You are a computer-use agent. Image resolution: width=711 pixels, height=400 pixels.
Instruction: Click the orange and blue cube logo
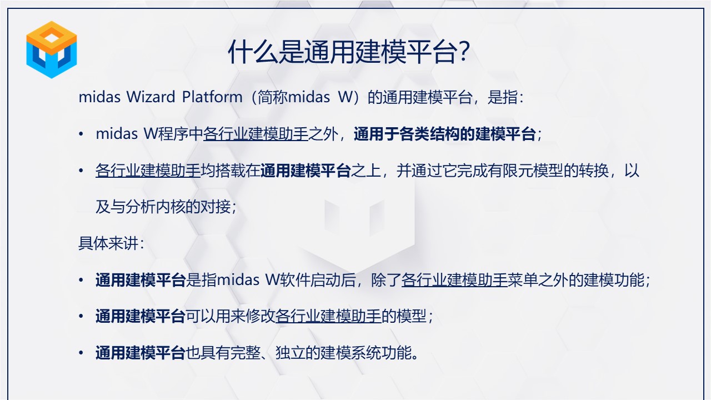(52, 49)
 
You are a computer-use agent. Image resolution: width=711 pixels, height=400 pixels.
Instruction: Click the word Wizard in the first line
(151, 97)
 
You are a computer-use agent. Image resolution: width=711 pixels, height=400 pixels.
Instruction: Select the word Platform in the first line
(212, 97)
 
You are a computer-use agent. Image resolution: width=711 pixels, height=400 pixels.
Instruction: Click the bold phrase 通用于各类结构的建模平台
(445, 134)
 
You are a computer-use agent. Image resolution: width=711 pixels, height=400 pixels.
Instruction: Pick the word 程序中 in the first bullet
(181, 134)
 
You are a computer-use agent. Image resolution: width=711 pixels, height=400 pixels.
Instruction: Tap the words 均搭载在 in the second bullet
(231, 171)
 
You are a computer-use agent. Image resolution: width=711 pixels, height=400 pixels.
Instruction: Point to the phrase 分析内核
(155, 207)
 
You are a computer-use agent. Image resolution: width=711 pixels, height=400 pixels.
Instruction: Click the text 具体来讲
(108, 243)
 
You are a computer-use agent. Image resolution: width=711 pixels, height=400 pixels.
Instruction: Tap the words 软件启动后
(318, 280)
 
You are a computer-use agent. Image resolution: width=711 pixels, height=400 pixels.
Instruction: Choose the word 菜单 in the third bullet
(523, 280)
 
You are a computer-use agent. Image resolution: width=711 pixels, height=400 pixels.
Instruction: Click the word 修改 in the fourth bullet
(261, 316)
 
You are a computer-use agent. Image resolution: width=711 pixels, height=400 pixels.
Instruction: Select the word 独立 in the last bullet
(291, 353)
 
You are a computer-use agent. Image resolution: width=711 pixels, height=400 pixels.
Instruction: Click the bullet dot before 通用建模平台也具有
(81, 353)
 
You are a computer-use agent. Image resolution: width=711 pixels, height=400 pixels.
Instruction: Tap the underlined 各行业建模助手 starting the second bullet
(148, 171)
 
